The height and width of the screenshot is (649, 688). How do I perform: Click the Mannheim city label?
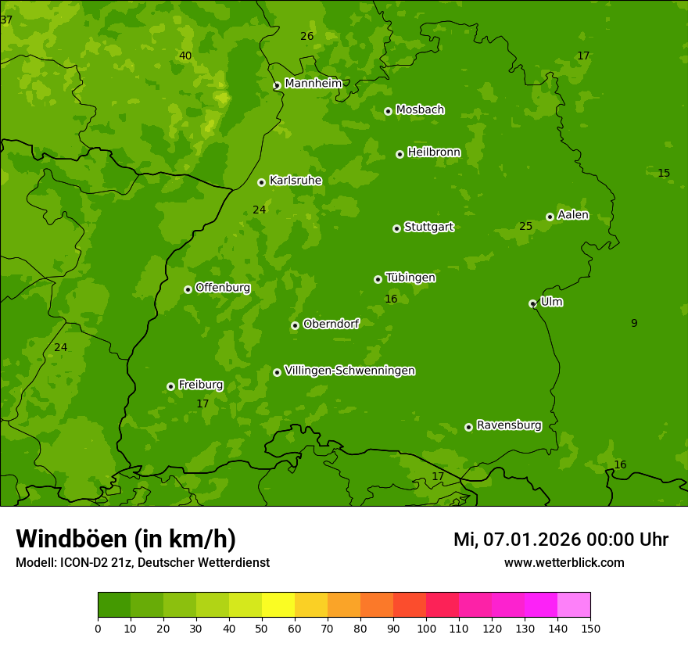(x=314, y=84)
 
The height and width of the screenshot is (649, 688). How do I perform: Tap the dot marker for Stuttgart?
(x=396, y=228)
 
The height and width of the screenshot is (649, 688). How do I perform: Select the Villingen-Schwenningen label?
(x=349, y=371)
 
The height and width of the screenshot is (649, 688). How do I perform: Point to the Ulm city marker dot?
(x=532, y=303)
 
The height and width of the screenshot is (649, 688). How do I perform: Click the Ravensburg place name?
(x=509, y=425)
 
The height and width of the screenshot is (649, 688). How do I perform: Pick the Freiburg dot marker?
(x=170, y=386)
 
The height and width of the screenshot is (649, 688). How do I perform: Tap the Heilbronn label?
(x=434, y=152)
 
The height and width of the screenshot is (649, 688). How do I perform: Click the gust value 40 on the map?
(x=185, y=56)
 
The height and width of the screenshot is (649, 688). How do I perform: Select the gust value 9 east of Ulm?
(x=634, y=323)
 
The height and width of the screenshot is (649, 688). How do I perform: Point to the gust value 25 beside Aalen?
(x=525, y=227)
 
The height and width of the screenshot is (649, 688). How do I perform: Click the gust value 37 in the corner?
(x=6, y=20)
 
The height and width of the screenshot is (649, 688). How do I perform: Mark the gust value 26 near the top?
(x=307, y=36)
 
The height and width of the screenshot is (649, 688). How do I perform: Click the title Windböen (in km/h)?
(x=126, y=539)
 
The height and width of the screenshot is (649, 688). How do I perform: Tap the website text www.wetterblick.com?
(x=564, y=563)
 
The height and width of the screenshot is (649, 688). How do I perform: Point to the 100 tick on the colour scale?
(x=426, y=628)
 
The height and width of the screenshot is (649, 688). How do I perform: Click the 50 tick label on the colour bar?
(x=262, y=628)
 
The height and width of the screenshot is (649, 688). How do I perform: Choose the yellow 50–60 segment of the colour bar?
(x=278, y=604)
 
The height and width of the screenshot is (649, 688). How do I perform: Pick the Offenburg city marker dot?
(x=188, y=289)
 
